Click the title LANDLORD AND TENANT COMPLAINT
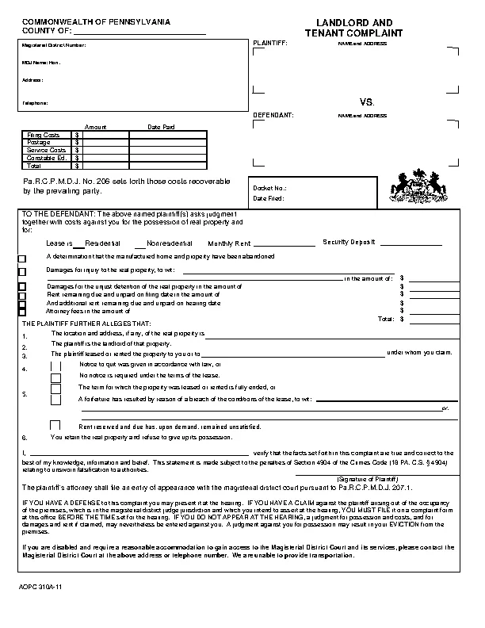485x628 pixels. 354,29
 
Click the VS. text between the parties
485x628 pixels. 366,102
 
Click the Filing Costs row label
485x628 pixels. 43,136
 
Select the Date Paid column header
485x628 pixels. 161,127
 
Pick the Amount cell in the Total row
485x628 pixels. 105,167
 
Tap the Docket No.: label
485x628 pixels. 265,188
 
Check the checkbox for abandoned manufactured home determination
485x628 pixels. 22,258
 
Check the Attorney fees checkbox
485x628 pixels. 22,312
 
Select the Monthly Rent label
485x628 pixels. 230,243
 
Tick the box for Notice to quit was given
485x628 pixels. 56,366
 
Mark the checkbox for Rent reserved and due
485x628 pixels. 56,425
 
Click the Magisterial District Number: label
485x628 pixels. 52,46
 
